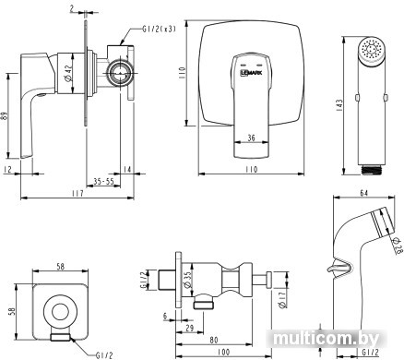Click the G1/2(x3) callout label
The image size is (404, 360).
tap(159, 29)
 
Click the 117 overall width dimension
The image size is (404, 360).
tap(77, 194)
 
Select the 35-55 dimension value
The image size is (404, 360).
tap(103, 182)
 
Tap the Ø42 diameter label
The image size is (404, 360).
tap(68, 73)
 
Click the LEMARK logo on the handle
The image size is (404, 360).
tap(251, 73)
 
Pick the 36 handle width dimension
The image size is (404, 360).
tap(251, 138)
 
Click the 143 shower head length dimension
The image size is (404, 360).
tap(339, 105)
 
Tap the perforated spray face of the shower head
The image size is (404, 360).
tap(373, 50)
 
